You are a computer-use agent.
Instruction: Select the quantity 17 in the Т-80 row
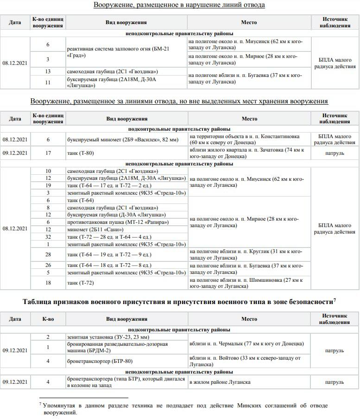tap(48, 153)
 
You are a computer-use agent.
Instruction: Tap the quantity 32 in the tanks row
tap(48, 236)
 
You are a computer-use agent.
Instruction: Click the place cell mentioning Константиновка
tap(249, 140)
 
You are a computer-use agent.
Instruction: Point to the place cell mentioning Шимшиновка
tap(249, 283)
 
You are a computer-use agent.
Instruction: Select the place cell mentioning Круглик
tap(249, 254)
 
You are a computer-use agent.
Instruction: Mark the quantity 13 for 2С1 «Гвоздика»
tap(48, 71)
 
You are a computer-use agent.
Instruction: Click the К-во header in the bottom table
tap(48, 319)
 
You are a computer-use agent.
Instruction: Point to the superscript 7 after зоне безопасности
tap(335, 300)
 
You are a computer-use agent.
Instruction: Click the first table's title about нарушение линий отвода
tap(179, 5)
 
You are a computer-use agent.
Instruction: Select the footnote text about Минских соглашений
tap(185, 408)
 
